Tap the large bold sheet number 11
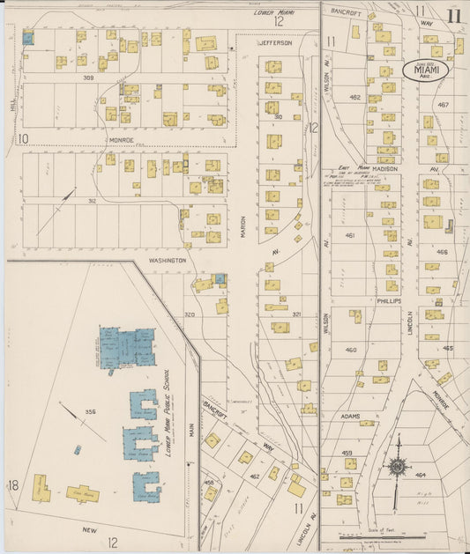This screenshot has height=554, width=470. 453,16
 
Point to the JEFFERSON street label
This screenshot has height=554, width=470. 274,42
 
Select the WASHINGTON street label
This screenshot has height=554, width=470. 167,261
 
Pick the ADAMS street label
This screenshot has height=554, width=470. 350,416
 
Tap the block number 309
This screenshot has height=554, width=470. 88,78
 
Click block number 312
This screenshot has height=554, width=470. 91,200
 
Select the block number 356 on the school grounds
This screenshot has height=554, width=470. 90,411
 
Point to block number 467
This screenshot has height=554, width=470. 442,105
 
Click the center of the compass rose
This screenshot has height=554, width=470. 398,466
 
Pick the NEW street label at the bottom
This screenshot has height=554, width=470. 88,530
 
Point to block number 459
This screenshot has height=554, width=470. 348,453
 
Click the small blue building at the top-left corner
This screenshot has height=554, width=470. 27,39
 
